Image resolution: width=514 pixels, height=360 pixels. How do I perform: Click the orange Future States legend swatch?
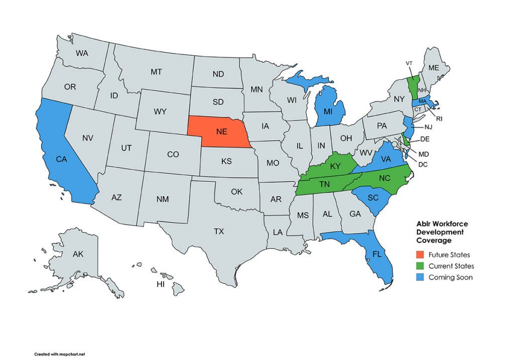[x=421, y=255]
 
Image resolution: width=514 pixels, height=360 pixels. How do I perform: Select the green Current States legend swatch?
[x=421, y=266]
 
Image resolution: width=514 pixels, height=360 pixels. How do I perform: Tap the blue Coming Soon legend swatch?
[x=421, y=277]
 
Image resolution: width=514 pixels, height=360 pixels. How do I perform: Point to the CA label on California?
[x=61, y=159]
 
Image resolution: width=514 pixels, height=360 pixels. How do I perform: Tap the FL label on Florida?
[x=377, y=254]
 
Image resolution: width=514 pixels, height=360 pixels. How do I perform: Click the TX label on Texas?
[x=219, y=231]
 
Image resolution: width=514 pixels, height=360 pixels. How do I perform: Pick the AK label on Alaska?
[x=78, y=254]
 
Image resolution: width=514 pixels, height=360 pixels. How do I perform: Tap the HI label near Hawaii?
[x=161, y=284]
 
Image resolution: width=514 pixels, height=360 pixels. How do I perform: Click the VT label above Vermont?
[x=409, y=63]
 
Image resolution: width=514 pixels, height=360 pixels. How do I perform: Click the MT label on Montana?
[x=156, y=72]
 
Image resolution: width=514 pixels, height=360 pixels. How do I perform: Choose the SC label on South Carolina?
[x=373, y=198]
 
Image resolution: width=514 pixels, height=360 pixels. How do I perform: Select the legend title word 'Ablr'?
[x=424, y=224]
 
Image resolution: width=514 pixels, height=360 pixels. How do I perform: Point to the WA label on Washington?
[x=82, y=53]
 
